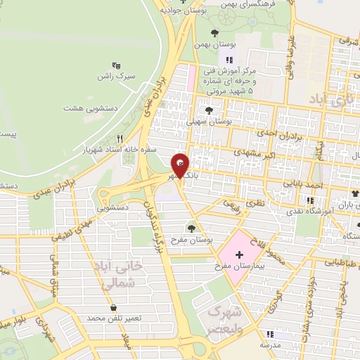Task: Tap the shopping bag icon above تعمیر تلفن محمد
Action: [x=113, y=308]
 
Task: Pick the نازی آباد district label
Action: [x=328, y=101]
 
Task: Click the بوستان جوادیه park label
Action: [x=182, y=10]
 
